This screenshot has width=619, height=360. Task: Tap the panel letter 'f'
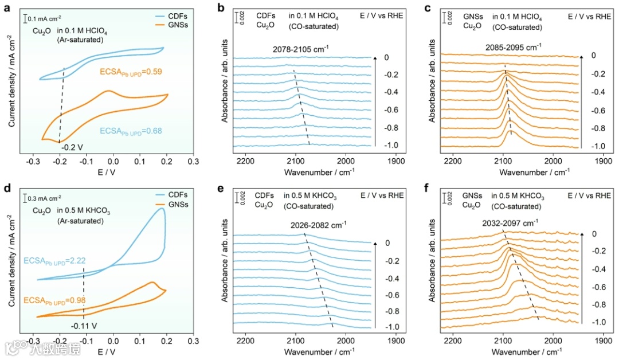tap(433, 187)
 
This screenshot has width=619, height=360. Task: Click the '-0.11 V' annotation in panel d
tap(84, 326)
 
